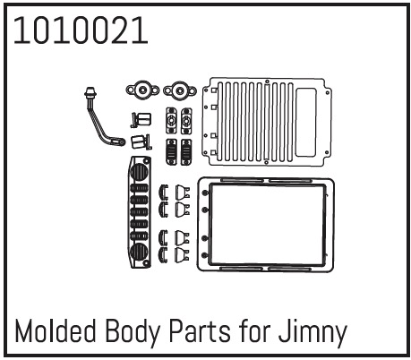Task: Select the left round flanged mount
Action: tap(141, 90)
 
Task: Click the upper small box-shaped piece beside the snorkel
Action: tap(140, 118)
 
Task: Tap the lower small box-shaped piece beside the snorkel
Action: tap(139, 141)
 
